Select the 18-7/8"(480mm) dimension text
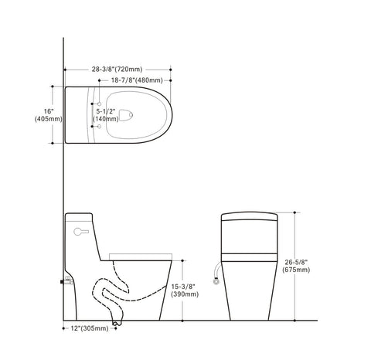click(136, 80)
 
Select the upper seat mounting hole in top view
click(101, 102)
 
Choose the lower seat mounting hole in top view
click(101, 127)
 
